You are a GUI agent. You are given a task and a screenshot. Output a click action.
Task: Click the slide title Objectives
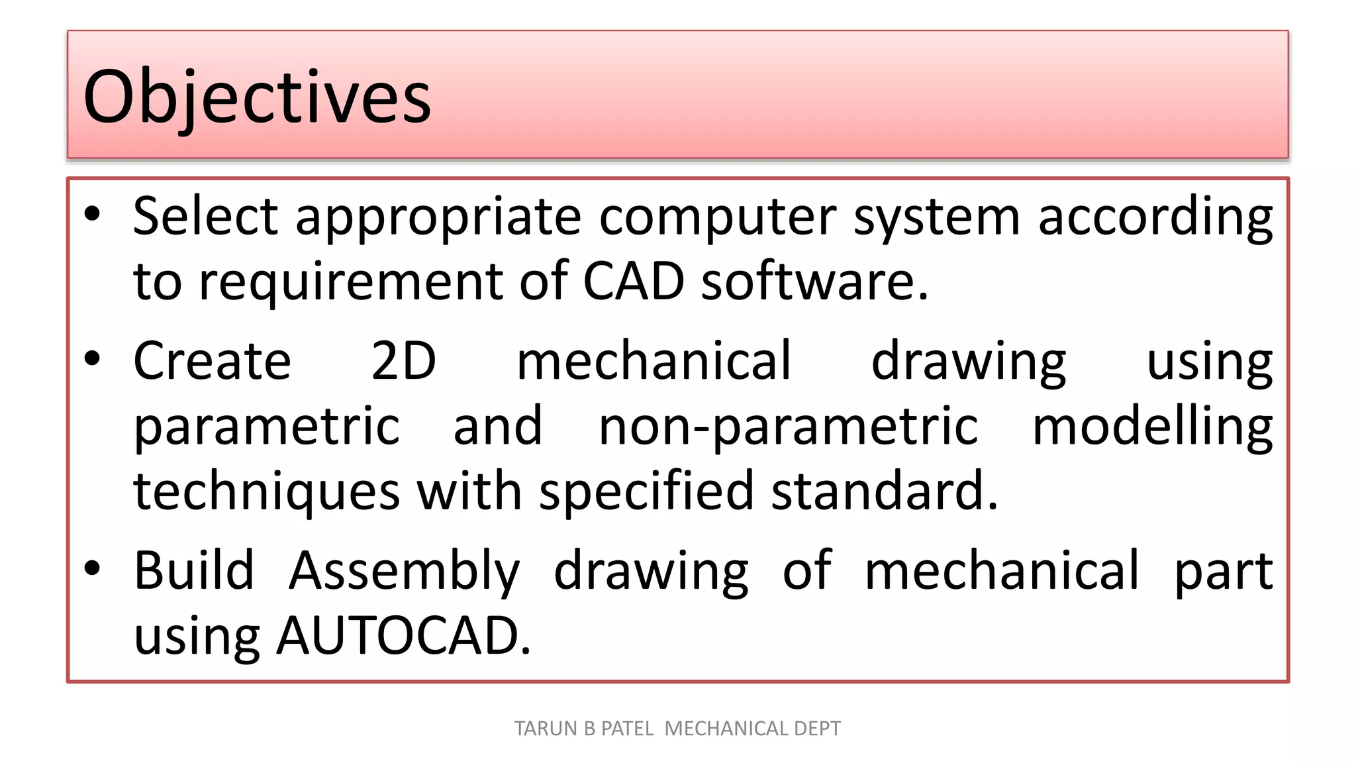click(x=257, y=97)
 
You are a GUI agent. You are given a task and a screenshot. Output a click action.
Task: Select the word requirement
click(x=351, y=282)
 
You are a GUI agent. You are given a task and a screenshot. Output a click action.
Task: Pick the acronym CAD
click(x=633, y=281)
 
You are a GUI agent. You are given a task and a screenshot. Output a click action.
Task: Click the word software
click(x=814, y=281)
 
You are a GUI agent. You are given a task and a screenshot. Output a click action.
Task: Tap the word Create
click(x=212, y=360)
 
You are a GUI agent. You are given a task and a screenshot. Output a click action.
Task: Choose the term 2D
click(x=403, y=360)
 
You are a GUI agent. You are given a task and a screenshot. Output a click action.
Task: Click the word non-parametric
click(x=788, y=427)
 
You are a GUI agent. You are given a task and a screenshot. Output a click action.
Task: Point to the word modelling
click(x=1152, y=427)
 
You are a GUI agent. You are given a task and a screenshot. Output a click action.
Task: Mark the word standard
click(x=884, y=491)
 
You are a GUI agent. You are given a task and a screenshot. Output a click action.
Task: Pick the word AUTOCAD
click(x=403, y=636)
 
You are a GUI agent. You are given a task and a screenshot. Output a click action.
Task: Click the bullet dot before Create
click(x=92, y=358)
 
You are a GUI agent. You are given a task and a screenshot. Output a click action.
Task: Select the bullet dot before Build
click(x=92, y=568)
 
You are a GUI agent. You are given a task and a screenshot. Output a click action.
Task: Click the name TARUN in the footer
click(x=546, y=729)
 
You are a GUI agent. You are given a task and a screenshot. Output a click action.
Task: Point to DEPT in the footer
click(x=817, y=729)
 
